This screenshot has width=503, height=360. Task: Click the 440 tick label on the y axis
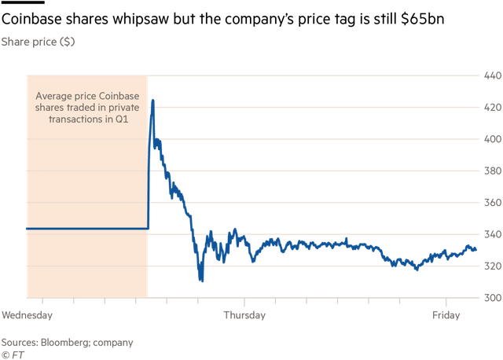coord(493,75)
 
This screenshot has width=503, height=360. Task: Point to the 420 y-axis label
coord(493,107)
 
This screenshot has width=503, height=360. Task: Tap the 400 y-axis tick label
coord(493,139)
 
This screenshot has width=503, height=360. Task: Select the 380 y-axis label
coord(493,171)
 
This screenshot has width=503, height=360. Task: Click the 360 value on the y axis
coord(493,203)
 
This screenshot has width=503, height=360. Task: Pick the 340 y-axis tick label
coord(493,234)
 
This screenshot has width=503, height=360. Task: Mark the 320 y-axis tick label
coord(493,266)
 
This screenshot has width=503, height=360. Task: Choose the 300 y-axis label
coord(493,298)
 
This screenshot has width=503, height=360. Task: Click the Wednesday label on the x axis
coord(27,316)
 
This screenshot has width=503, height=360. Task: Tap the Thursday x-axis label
coord(245,316)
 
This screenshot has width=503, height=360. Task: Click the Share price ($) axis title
coord(39,42)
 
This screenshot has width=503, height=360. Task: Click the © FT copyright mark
coord(12,354)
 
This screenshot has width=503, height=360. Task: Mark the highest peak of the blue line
coord(152,101)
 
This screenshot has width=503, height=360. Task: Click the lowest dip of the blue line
coord(201,280)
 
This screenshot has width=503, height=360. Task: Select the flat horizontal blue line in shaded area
coord(86,229)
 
